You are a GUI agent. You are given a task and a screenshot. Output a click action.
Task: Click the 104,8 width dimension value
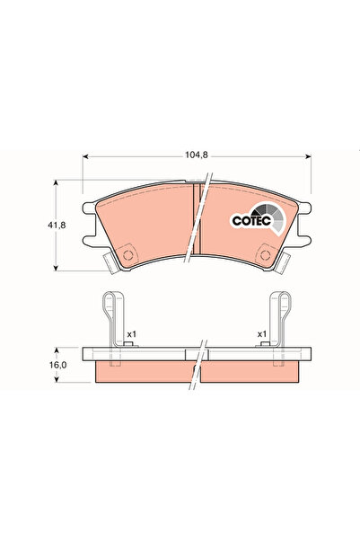pos(197,155)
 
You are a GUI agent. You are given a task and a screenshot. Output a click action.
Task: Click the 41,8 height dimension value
pos(57,226)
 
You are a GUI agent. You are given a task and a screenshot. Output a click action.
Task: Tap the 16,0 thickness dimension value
pos(57,365)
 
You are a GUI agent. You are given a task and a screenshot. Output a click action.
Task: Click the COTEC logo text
pos(251,220)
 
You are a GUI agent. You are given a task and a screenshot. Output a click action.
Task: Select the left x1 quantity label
pos(132,334)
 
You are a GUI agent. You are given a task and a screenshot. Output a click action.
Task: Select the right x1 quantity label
pos(262,334)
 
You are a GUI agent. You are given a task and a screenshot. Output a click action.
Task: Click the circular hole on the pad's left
pos(127,255)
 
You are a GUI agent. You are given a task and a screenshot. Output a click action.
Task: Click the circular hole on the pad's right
pos(265,255)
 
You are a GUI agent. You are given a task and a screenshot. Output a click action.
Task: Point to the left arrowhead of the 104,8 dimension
pos(85,156)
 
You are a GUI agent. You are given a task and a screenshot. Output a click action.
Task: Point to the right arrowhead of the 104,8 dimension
pos(308,156)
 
